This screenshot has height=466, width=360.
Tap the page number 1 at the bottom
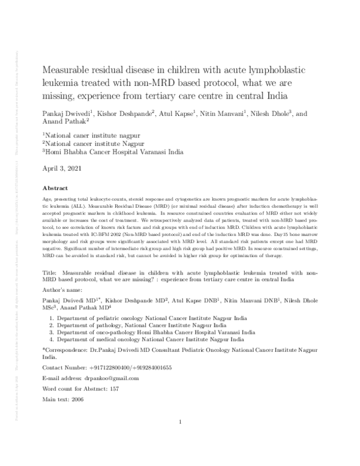click(180, 422)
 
